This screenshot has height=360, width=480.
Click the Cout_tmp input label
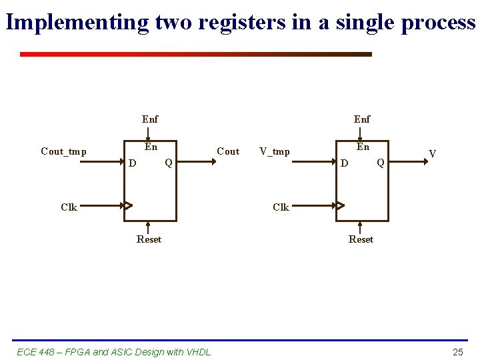pyautogui.click(x=63, y=151)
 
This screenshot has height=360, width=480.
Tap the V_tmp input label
pyautogui.click(x=275, y=151)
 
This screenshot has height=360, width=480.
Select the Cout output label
pyautogui.click(x=228, y=151)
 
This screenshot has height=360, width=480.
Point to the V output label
pyautogui.click(x=433, y=154)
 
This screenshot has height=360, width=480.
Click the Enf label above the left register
pyautogui.click(x=150, y=119)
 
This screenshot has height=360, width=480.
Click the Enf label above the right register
pyautogui.click(x=362, y=119)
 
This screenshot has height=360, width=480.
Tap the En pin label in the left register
pyautogui.click(x=151, y=147)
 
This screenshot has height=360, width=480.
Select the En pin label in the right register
pyautogui.click(x=363, y=147)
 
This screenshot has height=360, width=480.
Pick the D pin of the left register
pyautogui.click(x=133, y=163)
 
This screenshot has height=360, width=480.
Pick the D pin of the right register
pyautogui.click(x=344, y=163)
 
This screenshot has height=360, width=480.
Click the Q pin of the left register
pyautogui.click(x=169, y=162)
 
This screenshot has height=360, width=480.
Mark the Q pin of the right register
pyautogui.click(x=380, y=162)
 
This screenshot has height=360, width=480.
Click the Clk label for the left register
pyautogui.click(x=69, y=207)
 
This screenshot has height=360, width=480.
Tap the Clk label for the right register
pyautogui.click(x=281, y=207)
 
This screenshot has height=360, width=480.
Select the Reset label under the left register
pyautogui.click(x=149, y=239)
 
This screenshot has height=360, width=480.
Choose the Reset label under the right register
pyautogui.click(x=361, y=239)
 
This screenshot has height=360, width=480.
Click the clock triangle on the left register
pyautogui.click(x=128, y=205)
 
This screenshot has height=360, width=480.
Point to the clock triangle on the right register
pyautogui.click(x=340, y=205)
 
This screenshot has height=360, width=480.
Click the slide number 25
pyautogui.click(x=457, y=352)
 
